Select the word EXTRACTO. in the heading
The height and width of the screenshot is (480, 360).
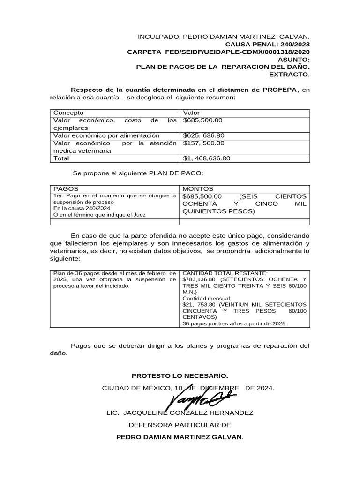click(x=289, y=74)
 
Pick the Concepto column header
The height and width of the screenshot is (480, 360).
click(x=68, y=113)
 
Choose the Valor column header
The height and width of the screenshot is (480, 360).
click(x=191, y=113)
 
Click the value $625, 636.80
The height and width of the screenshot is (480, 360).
click(x=204, y=135)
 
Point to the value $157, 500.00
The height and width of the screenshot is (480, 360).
click(x=204, y=143)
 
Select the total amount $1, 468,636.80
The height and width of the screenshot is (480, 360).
click(x=207, y=158)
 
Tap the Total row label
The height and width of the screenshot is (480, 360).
click(x=61, y=158)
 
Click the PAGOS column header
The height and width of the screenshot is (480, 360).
click(x=66, y=188)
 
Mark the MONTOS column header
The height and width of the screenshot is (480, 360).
click(x=198, y=188)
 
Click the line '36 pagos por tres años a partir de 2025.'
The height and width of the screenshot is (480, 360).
click(x=234, y=323)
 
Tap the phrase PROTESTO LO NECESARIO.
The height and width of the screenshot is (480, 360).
click(x=180, y=376)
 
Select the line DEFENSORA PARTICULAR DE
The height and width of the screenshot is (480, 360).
click(x=180, y=425)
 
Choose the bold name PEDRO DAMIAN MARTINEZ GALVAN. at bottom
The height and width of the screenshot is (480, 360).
click(x=180, y=437)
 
